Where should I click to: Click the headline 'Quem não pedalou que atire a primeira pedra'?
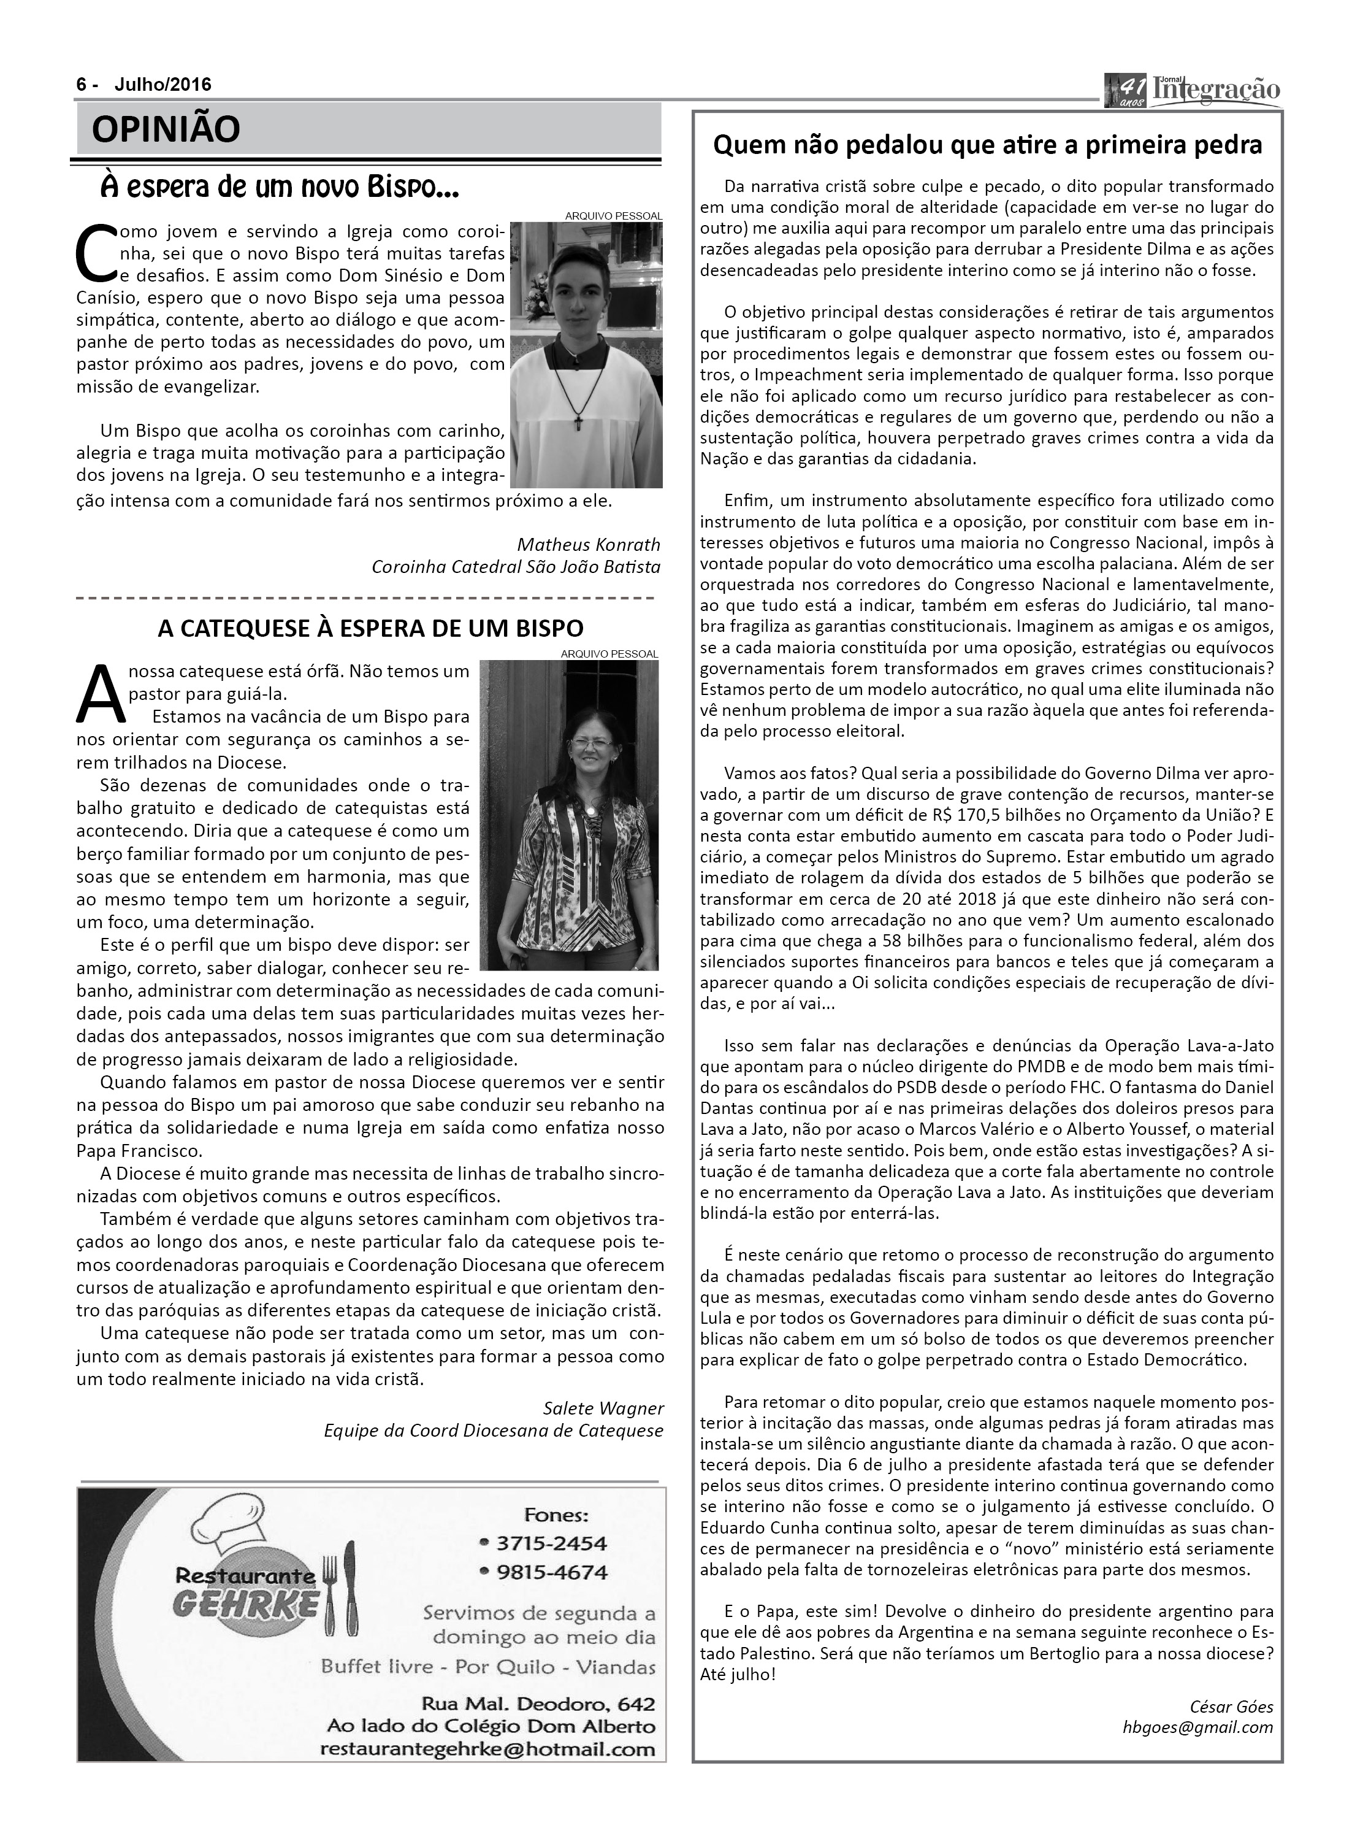point(987,145)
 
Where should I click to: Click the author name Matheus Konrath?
point(589,544)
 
